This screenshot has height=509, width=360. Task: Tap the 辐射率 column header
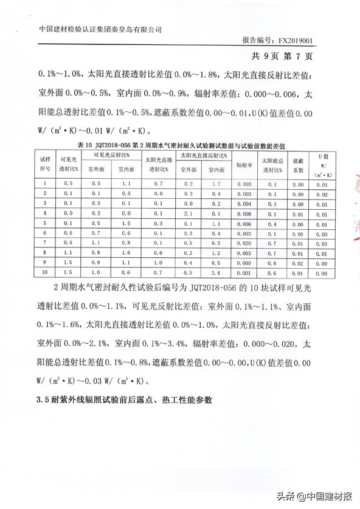(244, 165)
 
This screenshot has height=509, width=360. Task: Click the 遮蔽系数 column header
(298, 165)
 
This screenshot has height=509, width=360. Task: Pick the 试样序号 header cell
(44, 165)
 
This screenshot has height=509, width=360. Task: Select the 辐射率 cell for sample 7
(244, 243)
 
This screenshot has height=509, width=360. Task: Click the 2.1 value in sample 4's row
(189, 213)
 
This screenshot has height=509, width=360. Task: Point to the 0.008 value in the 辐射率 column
(244, 213)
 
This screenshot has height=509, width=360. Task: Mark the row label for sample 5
(44, 223)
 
